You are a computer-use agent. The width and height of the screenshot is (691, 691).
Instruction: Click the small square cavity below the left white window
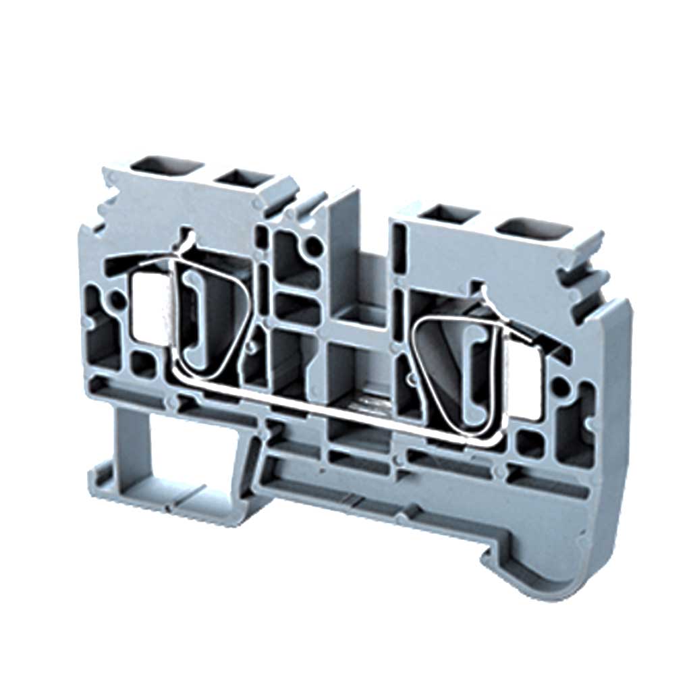click(142, 365)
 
